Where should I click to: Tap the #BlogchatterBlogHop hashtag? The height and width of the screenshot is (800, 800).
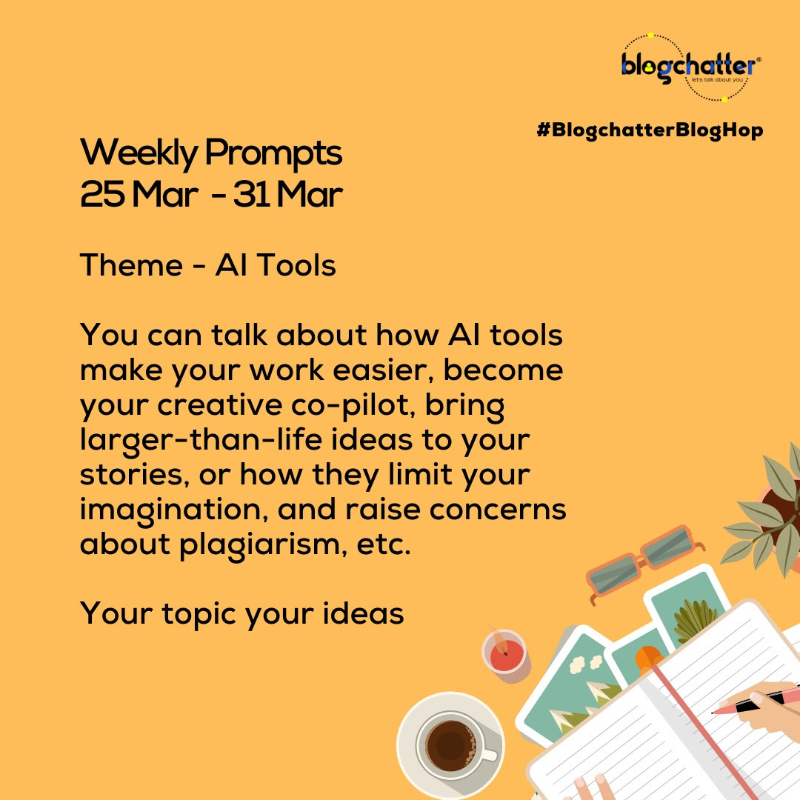coord(650,130)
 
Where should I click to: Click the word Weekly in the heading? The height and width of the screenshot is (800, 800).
coord(139,153)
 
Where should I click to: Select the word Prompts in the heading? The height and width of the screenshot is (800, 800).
coord(273,153)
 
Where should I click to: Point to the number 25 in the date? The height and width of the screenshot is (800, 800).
coord(102,194)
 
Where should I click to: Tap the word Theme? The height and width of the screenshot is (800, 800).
coord(131,265)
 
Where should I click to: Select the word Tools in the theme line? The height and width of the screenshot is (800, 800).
coord(296,265)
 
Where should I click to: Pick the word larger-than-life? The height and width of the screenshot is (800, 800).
coord(201,441)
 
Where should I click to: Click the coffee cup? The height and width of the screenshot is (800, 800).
coord(451,746)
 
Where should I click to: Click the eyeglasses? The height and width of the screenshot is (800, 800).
coord(644,561)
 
